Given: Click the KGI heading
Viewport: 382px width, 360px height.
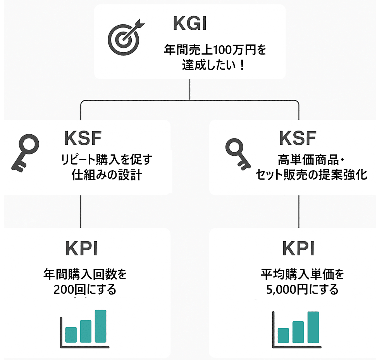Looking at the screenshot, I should point(190,24).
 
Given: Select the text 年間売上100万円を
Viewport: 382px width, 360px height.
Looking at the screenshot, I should point(215,51).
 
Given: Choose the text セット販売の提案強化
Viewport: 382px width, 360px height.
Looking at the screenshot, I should point(311,175).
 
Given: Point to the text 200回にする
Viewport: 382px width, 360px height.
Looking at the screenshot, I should point(85,290).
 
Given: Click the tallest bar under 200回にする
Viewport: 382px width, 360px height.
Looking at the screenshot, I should point(100,326).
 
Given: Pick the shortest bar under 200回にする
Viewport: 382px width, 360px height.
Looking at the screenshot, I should point(71,334).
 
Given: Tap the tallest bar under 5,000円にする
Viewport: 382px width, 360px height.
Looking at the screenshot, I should point(313,327).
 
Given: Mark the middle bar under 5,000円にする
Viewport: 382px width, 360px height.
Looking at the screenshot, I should point(298,332).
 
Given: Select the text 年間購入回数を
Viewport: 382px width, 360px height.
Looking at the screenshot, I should point(85,275).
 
